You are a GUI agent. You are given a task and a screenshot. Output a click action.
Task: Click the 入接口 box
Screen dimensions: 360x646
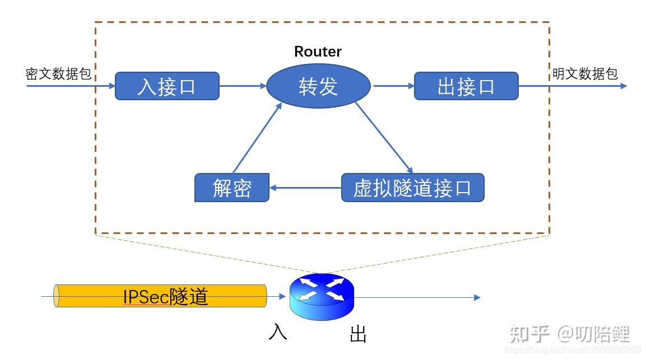pyautogui.click(x=167, y=86)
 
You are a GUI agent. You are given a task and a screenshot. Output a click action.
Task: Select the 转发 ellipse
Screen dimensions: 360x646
pyautogui.click(x=318, y=86)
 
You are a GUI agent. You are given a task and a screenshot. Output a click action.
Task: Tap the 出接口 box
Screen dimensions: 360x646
pyautogui.click(x=466, y=86)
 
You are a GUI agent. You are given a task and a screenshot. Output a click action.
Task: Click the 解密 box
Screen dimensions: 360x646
pyautogui.click(x=231, y=188)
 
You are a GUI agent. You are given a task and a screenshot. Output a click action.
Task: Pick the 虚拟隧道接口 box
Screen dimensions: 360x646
pyautogui.click(x=412, y=188)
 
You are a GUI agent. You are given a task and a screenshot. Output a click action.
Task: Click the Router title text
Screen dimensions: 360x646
pyautogui.click(x=318, y=52)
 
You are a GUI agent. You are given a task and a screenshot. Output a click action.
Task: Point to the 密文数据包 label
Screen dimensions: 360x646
pyautogui.click(x=58, y=74)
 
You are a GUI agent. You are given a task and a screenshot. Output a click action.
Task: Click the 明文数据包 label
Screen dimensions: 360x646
pyautogui.click(x=585, y=74)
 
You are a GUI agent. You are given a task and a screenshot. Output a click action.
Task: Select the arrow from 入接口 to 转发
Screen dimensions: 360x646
pyautogui.click(x=243, y=86)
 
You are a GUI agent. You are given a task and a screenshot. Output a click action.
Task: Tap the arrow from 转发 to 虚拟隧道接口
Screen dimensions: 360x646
pyautogui.click(x=384, y=137)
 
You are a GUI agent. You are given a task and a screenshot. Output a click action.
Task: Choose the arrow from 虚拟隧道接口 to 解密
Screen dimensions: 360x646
pyautogui.click(x=305, y=188)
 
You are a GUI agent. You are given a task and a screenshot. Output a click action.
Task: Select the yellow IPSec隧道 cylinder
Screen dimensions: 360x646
pyautogui.click(x=160, y=296)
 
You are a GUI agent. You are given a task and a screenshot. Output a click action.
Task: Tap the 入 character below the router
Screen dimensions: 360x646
pyautogui.click(x=278, y=331)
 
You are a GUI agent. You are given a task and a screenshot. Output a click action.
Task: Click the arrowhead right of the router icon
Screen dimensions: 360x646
pyautogui.click(x=477, y=297)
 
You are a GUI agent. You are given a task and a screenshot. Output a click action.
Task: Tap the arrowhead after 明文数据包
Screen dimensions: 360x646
pyautogui.click(x=623, y=86)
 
